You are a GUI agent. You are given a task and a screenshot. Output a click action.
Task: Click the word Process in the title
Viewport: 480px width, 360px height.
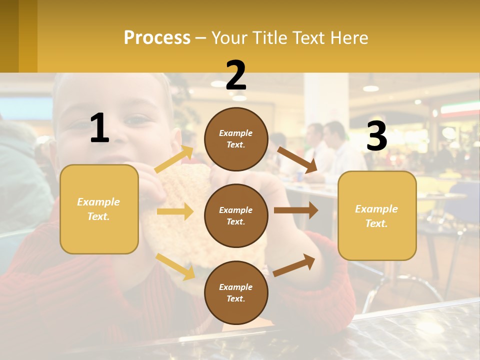tap(157, 38)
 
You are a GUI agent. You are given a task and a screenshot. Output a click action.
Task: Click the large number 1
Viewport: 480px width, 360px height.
tap(99, 128)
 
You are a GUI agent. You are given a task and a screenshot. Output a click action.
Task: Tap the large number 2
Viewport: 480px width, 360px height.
tap(236, 75)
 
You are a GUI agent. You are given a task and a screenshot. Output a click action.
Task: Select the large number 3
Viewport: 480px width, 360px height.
tap(376, 136)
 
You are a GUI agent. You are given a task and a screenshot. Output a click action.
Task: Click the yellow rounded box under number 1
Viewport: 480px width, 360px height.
tap(99, 209)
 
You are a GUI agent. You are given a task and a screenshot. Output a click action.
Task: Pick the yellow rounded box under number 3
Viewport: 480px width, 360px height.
tap(377, 215)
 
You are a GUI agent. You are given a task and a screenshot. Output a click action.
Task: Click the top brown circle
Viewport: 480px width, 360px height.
tap(236, 139)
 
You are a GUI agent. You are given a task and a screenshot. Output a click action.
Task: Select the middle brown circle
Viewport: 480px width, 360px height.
tap(236, 215)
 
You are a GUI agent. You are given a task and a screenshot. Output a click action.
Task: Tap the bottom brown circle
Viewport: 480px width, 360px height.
tap(236, 292)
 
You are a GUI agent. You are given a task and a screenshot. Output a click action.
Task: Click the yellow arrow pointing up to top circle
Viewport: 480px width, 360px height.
tap(173, 159)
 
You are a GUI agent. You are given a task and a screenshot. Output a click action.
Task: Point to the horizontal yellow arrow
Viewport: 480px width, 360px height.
tap(174, 211)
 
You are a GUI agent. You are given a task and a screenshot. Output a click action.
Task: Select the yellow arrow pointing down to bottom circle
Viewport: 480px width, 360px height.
tap(175, 266)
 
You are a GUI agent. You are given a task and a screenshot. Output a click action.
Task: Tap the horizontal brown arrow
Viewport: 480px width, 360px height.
tap(295, 210)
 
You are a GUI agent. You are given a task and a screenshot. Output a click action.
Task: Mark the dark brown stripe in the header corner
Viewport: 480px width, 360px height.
tap(9, 36)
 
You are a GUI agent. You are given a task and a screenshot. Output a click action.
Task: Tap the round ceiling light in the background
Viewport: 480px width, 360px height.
tap(370, 88)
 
